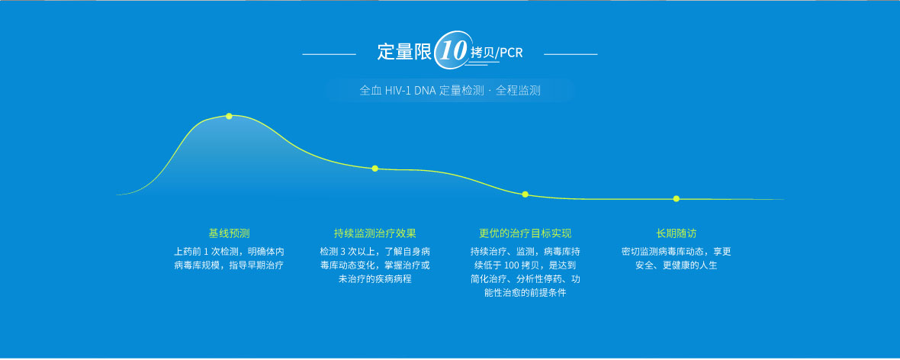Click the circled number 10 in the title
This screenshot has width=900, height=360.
(x=452, y=50)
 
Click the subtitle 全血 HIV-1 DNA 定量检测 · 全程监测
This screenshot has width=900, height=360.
(x=450, y=91)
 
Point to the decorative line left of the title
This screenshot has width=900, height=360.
(x=329, y=55)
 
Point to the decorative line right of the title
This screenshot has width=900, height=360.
(x=571, y=55)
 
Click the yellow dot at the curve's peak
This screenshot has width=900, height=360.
(x=229, y=116)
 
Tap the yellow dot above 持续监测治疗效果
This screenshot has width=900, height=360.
(x=374, y=169)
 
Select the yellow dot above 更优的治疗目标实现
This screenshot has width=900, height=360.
(x=526, y=194)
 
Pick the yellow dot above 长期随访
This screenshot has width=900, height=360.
(x=677, y=198)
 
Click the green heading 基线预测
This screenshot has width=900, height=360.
(x=229, y=233)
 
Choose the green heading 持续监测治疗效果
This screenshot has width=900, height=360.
(x=374, y=233)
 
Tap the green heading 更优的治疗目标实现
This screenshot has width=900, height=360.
(x=526, y=233)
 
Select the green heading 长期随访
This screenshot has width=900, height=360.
(x=677, y=233)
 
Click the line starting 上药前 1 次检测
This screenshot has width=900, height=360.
(x=229, y=252)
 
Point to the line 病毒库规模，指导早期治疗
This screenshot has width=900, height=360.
(x=229, y=265)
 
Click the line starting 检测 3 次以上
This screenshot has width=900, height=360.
(x=374, y=252)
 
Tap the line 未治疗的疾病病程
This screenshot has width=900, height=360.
(x=374, y=279)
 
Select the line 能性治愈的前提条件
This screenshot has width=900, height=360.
(x=526, y=293)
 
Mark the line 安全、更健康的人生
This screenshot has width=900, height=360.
(x=677, y=265)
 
